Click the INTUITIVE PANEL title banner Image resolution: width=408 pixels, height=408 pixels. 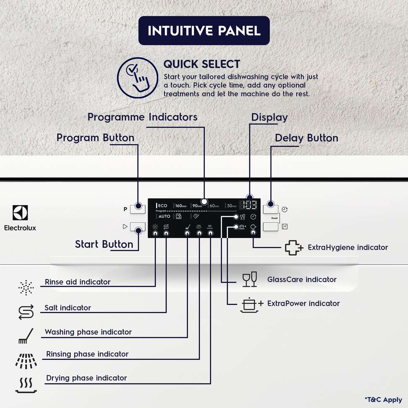204,31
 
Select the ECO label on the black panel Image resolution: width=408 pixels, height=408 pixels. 162,206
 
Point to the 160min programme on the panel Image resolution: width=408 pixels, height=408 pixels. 181,206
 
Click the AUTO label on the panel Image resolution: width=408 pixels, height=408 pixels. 164,216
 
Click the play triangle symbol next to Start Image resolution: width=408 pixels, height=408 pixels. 125,227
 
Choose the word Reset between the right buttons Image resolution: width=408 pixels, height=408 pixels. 275,218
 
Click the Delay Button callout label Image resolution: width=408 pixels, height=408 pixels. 306,138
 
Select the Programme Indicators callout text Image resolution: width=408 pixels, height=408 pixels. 142,117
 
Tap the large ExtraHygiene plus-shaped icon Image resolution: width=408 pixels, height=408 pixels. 294,248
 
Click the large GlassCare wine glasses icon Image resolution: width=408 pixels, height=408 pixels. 249,280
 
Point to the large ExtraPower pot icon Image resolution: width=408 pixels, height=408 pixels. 251,304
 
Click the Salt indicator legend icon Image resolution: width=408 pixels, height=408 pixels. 26,311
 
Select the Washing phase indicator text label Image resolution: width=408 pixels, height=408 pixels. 88,332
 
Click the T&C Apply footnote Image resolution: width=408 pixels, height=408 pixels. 383,400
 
